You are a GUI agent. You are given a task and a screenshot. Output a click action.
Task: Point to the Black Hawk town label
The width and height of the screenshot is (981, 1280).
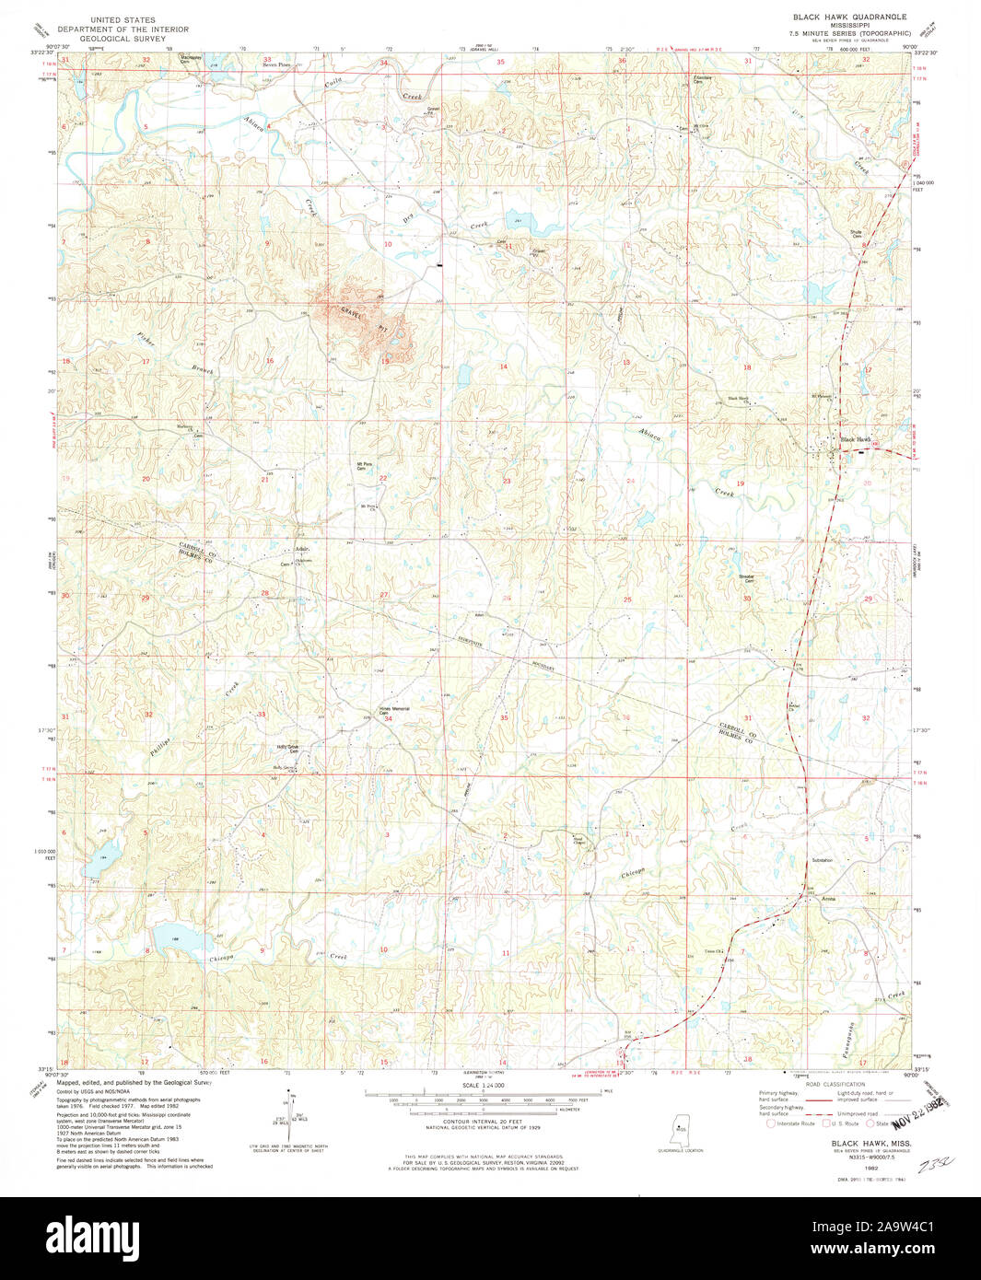[x=856, y=439]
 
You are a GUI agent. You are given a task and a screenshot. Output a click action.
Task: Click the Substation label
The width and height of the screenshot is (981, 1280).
[x=822, y=860]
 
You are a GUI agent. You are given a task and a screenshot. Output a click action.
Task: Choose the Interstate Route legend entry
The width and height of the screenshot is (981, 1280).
[x=791, y=1123]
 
